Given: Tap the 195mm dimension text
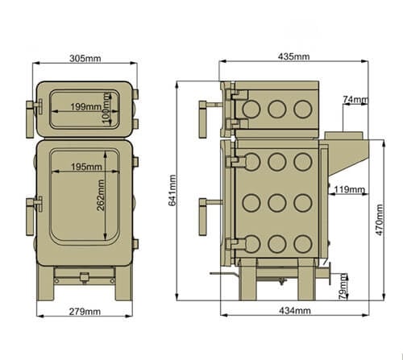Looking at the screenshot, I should click(x=85, y=167).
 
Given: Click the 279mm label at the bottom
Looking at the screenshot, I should click(x=85, y=311).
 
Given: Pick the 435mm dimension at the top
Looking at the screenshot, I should click(x=293, y=57).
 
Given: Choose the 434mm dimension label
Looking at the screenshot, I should click(x=293, y=310).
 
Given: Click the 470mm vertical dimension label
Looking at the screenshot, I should click(x=380, y=217).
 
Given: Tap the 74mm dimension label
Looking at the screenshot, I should click(x=355, y=100).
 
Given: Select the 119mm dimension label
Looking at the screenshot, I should click(x=348, y=190).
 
